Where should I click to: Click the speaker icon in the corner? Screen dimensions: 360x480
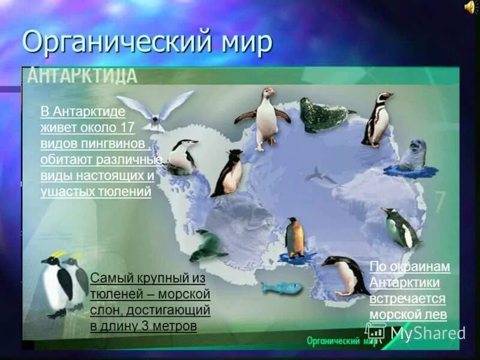(470, 7)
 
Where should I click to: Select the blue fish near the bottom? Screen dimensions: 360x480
(281, 288)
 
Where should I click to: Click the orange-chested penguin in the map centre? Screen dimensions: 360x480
(295, 238)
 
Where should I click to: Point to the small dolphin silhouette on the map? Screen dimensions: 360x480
(320, 176)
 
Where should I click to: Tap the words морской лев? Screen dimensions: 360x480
(408, 314)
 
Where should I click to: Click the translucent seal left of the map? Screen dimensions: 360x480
(208, 245)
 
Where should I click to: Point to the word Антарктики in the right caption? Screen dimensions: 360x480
(405, 283)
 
